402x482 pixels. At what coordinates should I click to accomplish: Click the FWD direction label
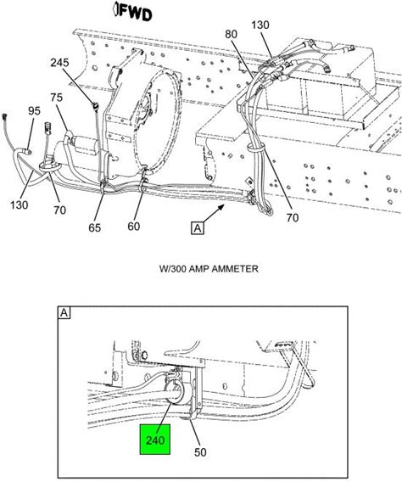coord(132,12)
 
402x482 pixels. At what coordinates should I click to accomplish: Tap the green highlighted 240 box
coord(155,440)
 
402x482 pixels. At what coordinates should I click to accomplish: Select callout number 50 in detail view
coord(200,452)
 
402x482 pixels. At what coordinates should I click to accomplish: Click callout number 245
coord(59,63)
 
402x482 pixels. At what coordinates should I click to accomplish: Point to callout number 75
coord(57,98)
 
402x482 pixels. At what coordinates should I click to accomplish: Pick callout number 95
coord(34,110)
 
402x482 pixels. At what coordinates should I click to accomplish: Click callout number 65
coord(95,227)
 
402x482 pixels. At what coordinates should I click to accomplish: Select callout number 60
coord(134,227)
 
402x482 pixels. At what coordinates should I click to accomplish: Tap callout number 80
coord(231,34)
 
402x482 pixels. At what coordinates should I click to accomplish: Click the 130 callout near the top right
coord(260,25)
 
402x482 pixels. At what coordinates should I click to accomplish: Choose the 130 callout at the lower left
coord(19,205)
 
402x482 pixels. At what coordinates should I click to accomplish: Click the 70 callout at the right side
coord(293,218)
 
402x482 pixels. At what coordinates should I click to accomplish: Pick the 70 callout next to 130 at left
coord(59,210)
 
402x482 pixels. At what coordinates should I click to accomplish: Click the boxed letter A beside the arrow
coord(198,228)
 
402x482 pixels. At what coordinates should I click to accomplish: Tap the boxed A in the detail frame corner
coord(64,312)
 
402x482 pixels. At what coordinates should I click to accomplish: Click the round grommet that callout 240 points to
coord(176,393)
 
